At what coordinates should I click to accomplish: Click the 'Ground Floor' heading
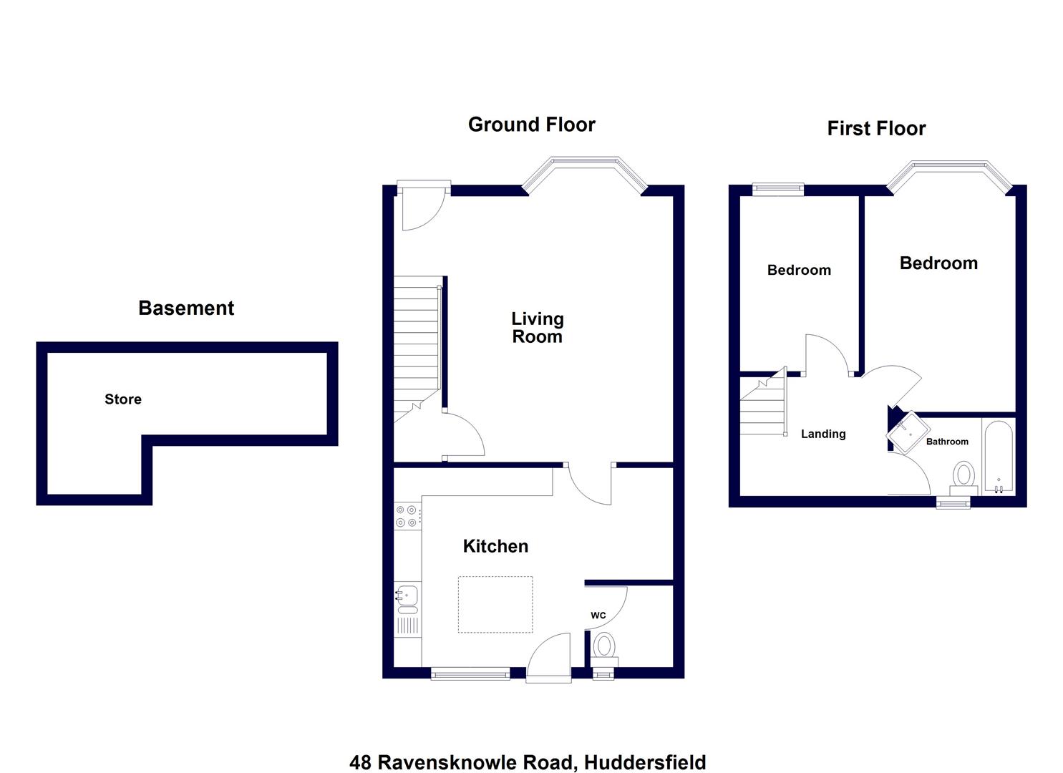tap(531, 125)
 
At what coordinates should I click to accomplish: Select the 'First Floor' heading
tap(876, 129)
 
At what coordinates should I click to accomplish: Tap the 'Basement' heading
tap(186, 308)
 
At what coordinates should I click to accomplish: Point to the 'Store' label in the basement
tap(123, 399)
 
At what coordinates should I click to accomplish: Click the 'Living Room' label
tap(538, 328)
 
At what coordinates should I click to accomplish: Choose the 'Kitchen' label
tap(495, 546)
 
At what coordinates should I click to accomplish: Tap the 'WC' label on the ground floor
tap(598, 616)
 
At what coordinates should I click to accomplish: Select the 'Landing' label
tap(823, 434)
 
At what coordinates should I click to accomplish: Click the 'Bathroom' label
tap(947, 442)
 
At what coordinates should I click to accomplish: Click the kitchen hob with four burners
tap(407, 516)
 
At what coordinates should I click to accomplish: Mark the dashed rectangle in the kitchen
tap(495, 604)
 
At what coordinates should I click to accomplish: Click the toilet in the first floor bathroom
tap(964, 477)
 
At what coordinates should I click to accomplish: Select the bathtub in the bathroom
tap(999, 457)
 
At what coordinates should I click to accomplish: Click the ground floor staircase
tap(416, 344)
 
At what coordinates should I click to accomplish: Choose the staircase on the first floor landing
tap(763, 408)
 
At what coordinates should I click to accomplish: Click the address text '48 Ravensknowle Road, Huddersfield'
tap(528, 762)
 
